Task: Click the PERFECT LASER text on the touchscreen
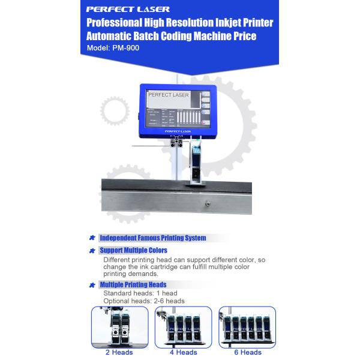[x=168, y=95]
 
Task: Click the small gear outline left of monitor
[x=114, y=111]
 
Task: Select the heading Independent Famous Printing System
[x=152, y=238]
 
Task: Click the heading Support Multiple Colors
[x=133, y=250]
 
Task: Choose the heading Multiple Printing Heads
[x=133, y=284]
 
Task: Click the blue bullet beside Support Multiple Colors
[x=92, y=250]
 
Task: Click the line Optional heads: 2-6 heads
[x=144, y=301]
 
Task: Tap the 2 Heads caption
[x=119, y=352]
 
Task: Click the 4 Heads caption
[x=183, y=352]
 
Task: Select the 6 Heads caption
[x=247, y=352]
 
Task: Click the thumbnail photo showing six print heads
[x=247, y=327]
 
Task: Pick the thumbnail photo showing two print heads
[x=119, y=327]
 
